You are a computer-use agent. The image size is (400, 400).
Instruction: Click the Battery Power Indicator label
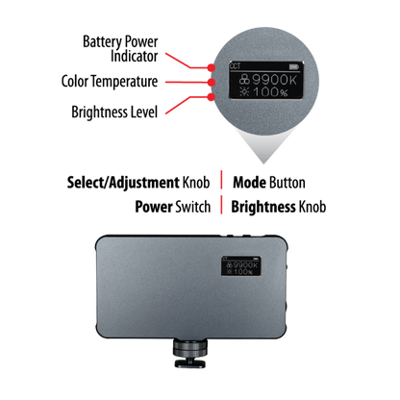click(120, 49)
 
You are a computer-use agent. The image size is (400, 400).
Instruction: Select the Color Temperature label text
click(110, 82)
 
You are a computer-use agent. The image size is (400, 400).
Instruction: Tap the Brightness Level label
click(114, 112)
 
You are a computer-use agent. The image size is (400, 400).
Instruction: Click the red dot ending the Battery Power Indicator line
click(211, 67)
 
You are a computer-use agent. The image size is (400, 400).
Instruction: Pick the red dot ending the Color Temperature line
click(211, 83)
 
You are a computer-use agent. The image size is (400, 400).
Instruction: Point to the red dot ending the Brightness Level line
click(211, 97)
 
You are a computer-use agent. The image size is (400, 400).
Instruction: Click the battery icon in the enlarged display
click(293, 66)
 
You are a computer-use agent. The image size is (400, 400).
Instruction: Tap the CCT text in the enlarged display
click(235, 66)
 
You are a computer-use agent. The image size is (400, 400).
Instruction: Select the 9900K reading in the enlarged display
click(275, 80)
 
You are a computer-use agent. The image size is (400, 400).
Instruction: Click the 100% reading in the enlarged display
click(270, 92)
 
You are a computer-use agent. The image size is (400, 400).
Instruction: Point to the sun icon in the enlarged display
click(245, 92)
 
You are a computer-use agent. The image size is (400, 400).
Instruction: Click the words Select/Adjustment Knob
click(138, 183)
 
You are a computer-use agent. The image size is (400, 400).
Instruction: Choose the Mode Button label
click(269, 183)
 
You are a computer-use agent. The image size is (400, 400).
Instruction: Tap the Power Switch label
click(173, 207)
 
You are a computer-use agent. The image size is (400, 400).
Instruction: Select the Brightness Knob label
click(279, 207)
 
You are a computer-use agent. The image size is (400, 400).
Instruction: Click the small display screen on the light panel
click(241, 266)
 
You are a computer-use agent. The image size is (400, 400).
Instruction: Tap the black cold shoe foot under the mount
click(190, 363)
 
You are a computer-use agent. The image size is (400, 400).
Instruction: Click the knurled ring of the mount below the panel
click(190, 347)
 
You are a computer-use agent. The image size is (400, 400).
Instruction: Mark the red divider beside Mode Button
click(221, 180)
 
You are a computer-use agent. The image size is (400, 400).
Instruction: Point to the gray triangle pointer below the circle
click(264, 144)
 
